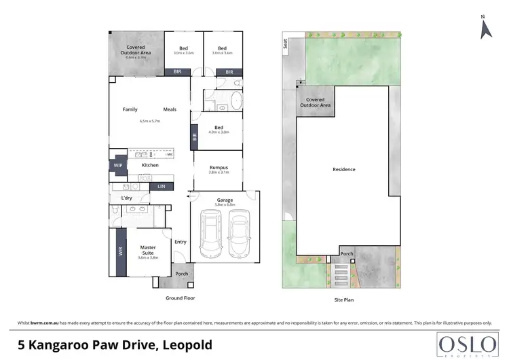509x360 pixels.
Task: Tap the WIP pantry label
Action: click(118, 165)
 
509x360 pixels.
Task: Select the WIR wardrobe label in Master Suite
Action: click(120, 252)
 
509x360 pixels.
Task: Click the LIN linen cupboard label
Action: click(162, 186)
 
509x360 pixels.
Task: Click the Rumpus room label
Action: click(218, 168)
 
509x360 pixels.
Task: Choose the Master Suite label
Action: click(148, 250)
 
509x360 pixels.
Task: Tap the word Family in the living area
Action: click(130, 109)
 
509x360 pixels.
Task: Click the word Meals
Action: click(170, 109)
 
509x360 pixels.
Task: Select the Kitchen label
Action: click(150, 165)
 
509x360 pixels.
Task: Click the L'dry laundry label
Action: click(126, 198)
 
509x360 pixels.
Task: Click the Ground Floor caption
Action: click(181, 298)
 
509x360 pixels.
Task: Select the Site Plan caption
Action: click(343, 298)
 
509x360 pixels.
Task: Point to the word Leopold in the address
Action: click(187, 344)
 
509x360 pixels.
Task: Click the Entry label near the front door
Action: click(181, 242)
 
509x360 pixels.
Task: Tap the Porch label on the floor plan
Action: click(182, 274)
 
